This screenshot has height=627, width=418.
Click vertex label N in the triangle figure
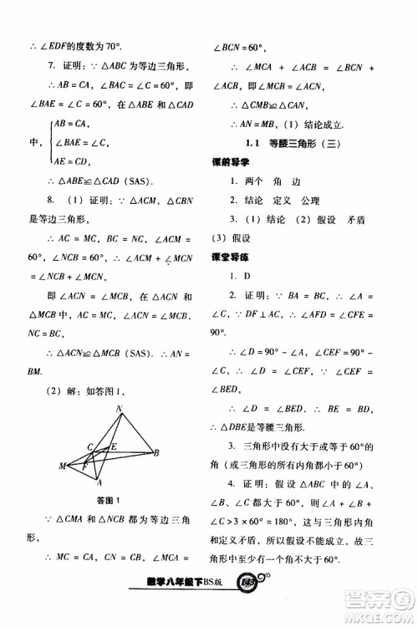pos(120,410)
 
